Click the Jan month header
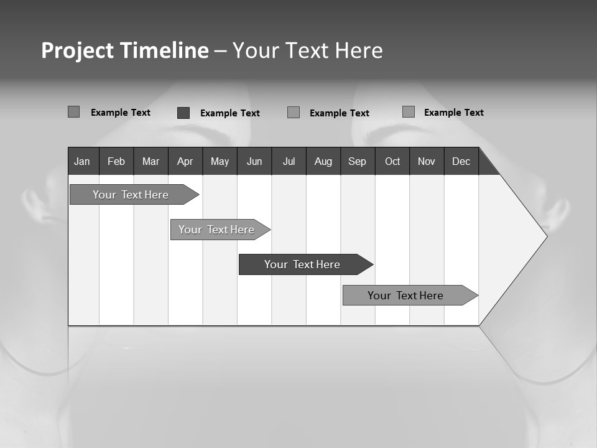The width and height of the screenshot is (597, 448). coord(83,161)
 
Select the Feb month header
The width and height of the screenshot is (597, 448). coord(116,161)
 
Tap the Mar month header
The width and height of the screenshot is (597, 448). coord(150,161)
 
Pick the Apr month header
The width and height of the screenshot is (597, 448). coord(185,161)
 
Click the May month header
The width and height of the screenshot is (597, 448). coord(220,161)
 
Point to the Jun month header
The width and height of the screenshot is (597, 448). coord(254,161)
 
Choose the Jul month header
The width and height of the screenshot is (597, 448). coord(289,161)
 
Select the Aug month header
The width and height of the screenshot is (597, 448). coord(323,161)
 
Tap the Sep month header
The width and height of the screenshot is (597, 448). coord(358,161)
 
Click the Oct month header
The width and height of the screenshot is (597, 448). coord(392,161)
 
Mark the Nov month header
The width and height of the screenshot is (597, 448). coord(427,161)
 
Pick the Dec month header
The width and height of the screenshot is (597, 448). coord(461,161)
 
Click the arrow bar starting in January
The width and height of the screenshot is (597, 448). coord(131,195)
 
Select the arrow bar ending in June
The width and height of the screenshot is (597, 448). coord(216,230)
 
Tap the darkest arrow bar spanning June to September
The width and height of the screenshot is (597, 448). coord(302,264)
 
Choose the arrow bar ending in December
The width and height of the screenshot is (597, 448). coord(405,296)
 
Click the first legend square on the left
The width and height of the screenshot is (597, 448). coord(73,112)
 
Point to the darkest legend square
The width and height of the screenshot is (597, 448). coord(183,113)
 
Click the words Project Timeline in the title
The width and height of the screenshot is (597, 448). coord(125,50)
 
